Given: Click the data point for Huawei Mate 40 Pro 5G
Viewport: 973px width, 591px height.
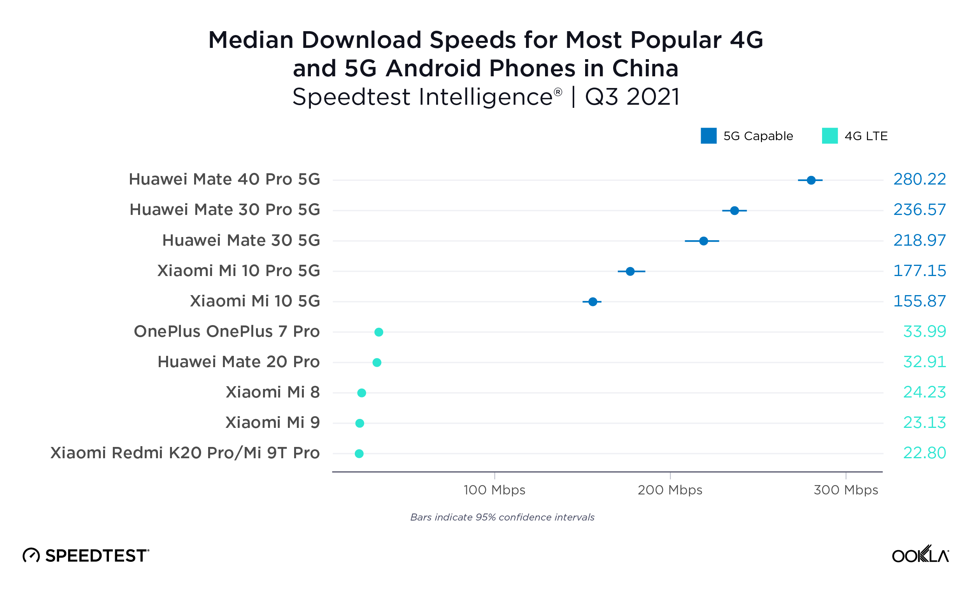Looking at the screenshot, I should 811,180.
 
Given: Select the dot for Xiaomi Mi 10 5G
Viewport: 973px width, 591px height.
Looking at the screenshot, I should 593,302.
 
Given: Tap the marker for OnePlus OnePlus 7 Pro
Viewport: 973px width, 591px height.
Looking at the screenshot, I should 379,332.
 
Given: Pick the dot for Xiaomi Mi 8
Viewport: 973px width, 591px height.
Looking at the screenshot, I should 362,393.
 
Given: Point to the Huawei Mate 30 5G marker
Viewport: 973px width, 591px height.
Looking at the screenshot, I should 704,241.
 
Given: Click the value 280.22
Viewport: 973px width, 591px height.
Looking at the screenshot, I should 920,179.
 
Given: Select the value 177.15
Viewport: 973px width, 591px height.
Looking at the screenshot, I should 920,271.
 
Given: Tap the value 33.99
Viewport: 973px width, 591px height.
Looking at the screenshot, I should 924,332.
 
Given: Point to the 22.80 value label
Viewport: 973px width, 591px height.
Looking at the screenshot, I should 924,453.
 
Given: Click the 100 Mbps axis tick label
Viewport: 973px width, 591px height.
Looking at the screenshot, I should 494,490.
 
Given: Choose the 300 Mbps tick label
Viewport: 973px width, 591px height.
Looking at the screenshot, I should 846,490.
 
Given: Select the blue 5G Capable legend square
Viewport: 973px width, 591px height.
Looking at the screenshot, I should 708,136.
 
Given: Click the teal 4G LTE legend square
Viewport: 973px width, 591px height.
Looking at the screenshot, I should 830,136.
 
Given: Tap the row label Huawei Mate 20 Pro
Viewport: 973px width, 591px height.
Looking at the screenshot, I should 238,362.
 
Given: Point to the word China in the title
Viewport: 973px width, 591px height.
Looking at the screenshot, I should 645,69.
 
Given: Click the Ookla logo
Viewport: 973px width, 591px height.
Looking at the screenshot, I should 920,555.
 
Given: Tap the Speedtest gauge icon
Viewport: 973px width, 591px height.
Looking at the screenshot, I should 31,556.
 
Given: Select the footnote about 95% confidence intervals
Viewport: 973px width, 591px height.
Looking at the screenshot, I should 502,517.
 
